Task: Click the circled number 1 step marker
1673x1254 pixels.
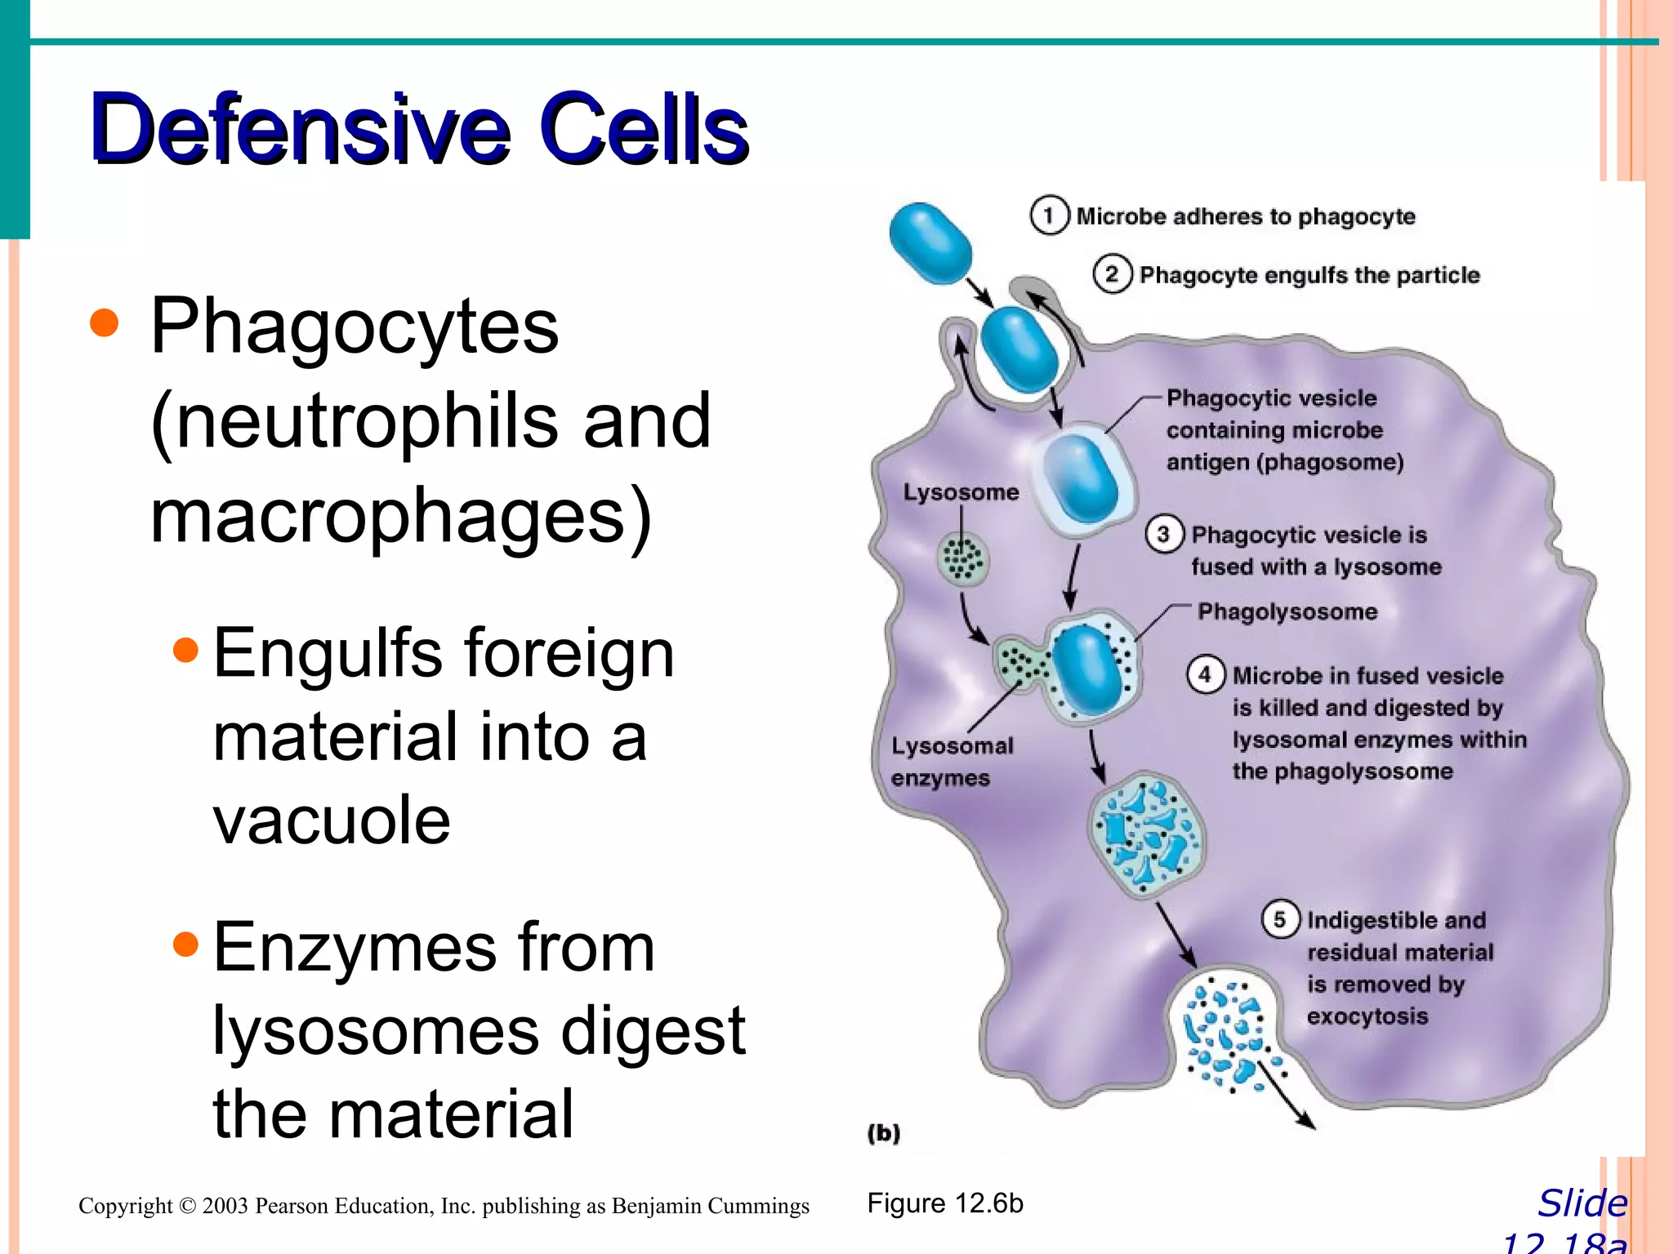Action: pos(1049,216)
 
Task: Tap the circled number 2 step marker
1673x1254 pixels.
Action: pos(1112,274)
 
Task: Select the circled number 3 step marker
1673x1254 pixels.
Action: pos(1163,534)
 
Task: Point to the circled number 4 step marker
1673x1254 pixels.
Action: pos(1205,674)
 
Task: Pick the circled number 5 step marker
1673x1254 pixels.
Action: pos(1279,919)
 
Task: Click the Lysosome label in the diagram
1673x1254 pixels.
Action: pos(961,492)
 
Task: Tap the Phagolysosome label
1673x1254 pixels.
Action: pos(1287,611)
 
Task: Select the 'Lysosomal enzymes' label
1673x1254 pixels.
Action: pos(951,761)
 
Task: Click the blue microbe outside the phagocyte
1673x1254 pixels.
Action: pos(930,243)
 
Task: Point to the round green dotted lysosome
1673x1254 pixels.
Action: pos(962,559)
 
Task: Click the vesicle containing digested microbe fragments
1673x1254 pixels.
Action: pos(1146,834)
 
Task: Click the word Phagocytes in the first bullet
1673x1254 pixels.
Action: pos(354,327)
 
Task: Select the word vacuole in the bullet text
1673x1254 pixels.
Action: pos(331,820)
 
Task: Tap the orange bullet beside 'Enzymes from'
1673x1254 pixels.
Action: pos(186,945)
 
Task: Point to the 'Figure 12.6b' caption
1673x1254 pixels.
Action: pos(944,1203)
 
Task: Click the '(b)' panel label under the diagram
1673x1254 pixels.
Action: pos(883,1132)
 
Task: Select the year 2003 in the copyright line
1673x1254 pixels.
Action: pos(225,1206)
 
